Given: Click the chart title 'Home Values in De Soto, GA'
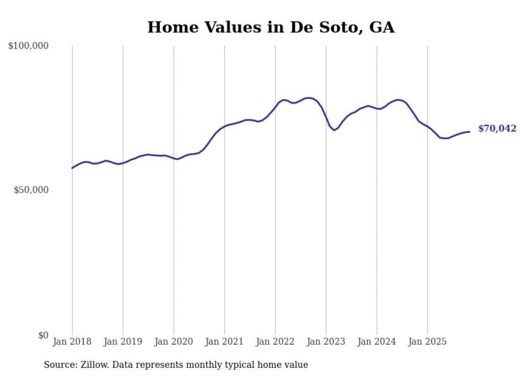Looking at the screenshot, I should coord(271,27).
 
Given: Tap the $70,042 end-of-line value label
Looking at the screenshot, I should coord(497,129).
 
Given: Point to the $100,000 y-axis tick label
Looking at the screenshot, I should coord(29,46).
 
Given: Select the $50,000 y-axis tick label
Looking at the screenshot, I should coord(31,190).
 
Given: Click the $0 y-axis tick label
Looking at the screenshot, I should coord(43,335).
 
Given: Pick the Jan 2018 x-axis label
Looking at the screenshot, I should coord(72,342).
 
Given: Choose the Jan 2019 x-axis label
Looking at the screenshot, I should coord(123,342).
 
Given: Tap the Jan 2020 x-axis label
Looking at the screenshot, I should coord(173,342).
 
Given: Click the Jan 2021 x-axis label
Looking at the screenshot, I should coord(224,342).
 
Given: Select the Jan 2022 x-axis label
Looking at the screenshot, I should coord(275,342).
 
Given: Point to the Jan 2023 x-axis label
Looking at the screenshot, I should coord(326,342).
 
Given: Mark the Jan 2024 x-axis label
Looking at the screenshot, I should coord(376,342).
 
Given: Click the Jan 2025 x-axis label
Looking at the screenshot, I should coord(428,342).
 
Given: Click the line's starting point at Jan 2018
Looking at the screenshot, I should coord(72,168).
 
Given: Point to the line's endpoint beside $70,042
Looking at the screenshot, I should coord(469,131).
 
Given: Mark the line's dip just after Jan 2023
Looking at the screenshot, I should coord(334,130).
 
